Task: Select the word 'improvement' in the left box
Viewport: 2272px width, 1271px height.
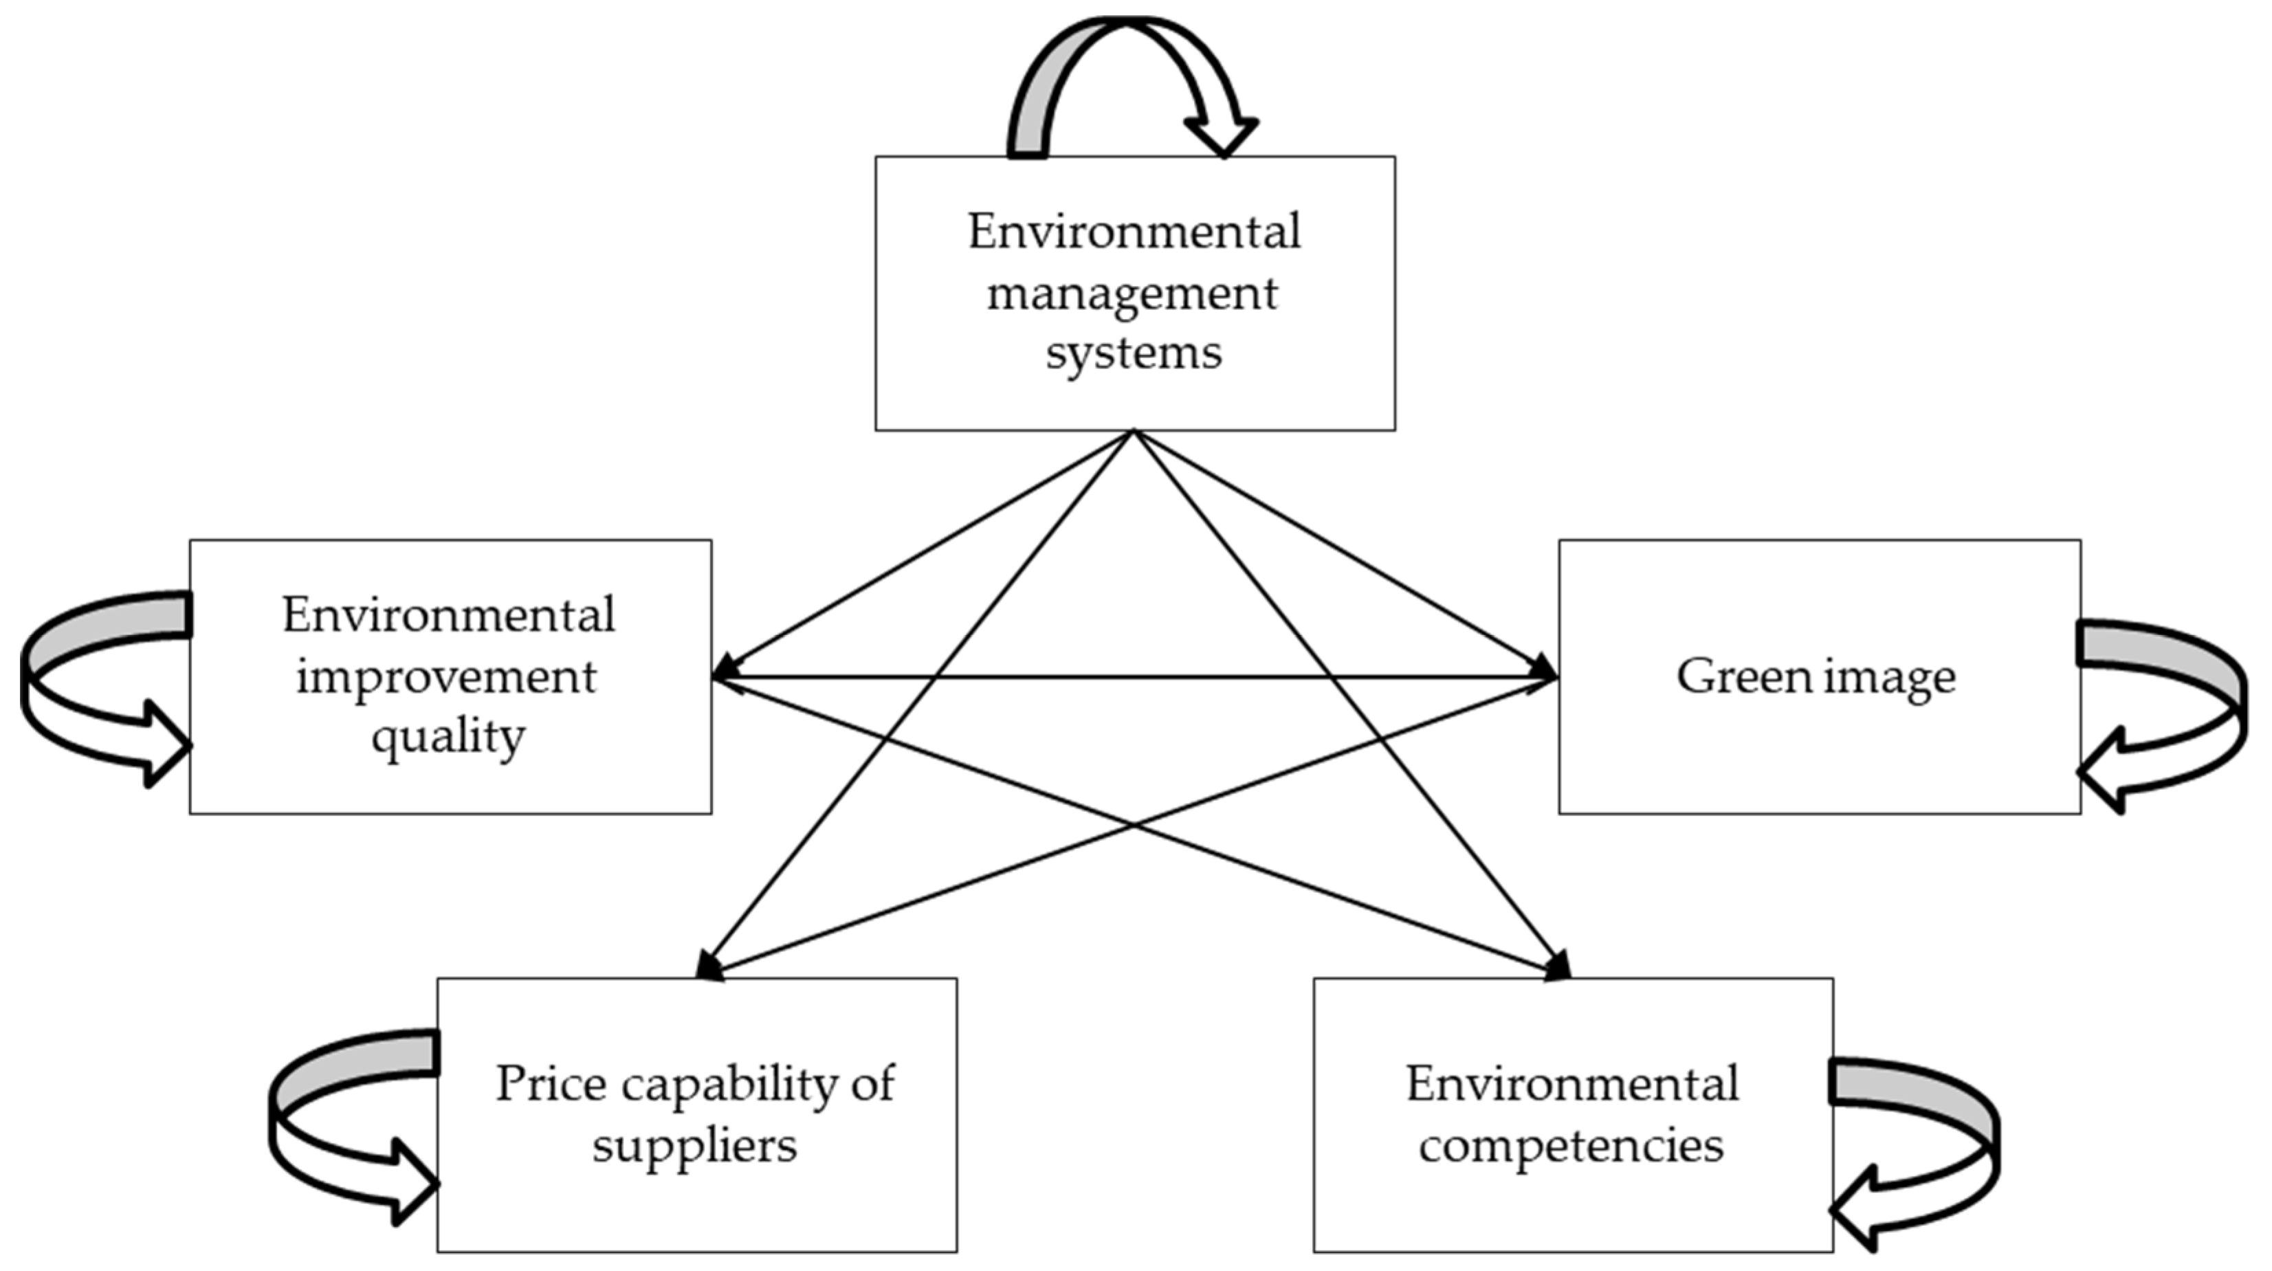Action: pyautogui.click(x=446, y=677)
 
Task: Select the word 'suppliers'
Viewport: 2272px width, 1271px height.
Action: pyautogui.click(x=694, y=1146)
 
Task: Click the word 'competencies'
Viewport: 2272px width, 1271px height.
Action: pyautogui.click(x=1571, y=1146)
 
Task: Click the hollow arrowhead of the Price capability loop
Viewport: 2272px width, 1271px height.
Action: pyautogui.click(x=411, y=1182)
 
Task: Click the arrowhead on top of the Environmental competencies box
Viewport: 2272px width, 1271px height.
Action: pyautogui.click(x=1559, y=966)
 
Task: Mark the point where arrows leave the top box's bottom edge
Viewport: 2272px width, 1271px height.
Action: pyautogui.click(x=1134, y=432)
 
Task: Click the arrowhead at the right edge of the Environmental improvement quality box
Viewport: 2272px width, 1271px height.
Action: pyautogui.click(x=725, y=676)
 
